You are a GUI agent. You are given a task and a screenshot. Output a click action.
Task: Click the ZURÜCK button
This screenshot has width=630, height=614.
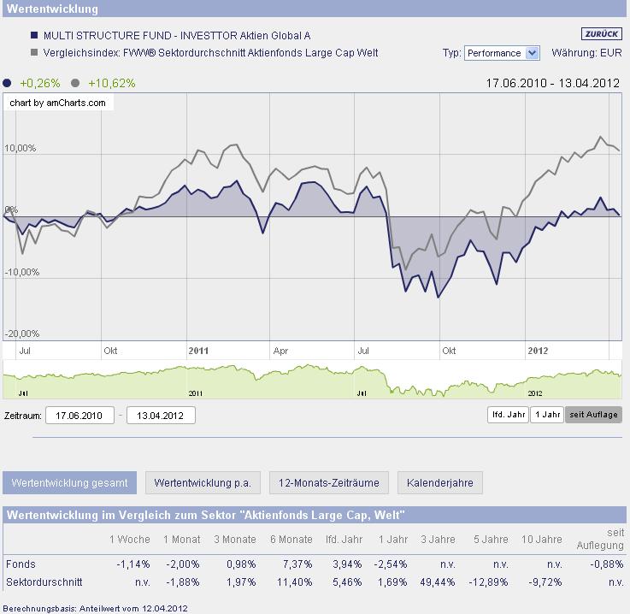(601, 34)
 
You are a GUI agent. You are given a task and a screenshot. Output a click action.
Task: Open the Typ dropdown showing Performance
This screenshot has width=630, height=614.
(502, 53)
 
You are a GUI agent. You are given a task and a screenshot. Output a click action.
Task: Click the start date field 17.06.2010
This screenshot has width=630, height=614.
(79, 416)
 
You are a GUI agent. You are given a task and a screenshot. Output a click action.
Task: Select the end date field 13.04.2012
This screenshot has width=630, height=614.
(161, 416)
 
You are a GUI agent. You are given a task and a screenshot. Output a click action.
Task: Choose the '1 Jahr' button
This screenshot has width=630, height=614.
(546, 415)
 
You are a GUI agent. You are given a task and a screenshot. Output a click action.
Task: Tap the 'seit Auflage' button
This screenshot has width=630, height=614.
(593, 415)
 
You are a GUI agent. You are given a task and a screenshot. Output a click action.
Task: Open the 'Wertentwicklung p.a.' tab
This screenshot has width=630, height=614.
(203, 482)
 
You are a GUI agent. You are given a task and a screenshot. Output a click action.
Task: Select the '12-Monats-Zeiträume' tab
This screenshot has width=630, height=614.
(329, 482)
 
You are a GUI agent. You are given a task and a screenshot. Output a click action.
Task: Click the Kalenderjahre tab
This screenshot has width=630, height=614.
(439, 482)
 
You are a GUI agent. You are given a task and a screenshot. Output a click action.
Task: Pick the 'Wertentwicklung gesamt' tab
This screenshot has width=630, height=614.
(69, 482)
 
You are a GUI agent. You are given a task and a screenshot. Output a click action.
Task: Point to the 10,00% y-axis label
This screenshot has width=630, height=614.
(21, 149)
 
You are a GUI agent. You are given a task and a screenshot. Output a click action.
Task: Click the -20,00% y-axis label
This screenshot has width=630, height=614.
(21, 334)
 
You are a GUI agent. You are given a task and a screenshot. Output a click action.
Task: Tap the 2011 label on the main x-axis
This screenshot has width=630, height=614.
(197, 351)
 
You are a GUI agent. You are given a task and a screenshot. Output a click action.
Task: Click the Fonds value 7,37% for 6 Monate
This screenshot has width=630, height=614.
(297, 564)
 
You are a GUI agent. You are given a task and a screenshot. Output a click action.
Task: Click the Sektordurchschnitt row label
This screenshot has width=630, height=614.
(44, 582)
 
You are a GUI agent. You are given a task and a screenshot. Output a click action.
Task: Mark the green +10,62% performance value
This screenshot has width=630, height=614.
(111, 83)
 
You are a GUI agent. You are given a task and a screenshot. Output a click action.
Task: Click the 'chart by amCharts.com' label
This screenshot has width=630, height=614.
(58, 103)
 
